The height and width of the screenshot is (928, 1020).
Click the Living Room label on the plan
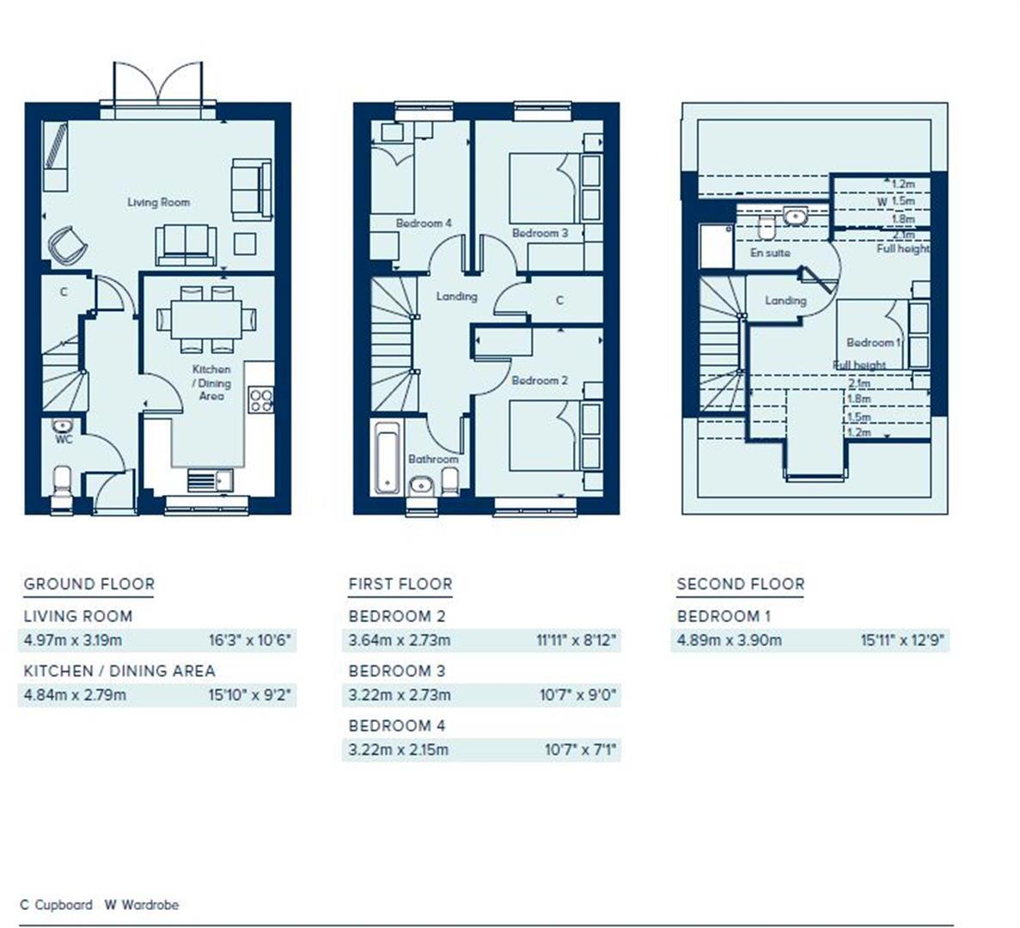tap(158, 203)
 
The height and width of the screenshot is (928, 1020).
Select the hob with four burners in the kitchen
tap(261, 400)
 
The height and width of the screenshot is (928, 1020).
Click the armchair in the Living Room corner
tap(67, 244)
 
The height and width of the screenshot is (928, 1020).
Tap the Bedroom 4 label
tap(424, 223)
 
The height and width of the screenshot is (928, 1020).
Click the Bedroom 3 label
tap(540, 233)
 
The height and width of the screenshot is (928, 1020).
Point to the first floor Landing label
tap(456, 296)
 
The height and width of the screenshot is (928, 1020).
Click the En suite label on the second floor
tap(770, 253)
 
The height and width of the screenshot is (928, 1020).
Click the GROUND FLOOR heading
tap(89, 584)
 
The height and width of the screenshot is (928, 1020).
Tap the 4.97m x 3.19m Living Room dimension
tap(73, 640)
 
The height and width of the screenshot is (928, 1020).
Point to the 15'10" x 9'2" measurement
tap(250, 694)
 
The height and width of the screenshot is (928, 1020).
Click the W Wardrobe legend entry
tap(142, 905)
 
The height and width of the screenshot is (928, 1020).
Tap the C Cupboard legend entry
tap(56, 905)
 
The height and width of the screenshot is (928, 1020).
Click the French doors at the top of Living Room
tap(158, 86)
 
